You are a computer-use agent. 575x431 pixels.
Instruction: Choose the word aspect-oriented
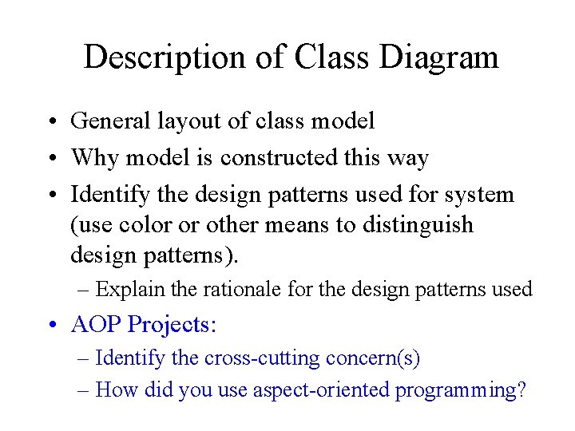[x=321, y=390]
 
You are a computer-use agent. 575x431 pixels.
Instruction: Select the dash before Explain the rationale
[x=85, y=290]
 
